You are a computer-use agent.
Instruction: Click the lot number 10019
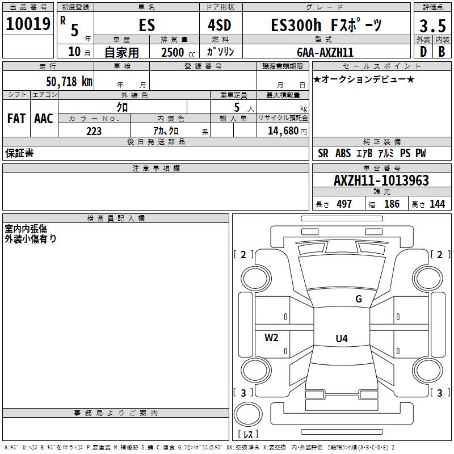coord(28,24)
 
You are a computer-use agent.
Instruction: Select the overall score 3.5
coord(432,26)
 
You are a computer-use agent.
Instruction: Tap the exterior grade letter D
coord(423,52)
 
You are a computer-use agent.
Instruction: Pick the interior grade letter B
coord(442,52)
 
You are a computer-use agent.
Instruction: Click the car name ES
coord(147,25)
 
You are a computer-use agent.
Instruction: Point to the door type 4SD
coord(220,25)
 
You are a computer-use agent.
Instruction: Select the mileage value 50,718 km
coord(69,81)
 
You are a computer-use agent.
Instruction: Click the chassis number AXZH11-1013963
coord(381,180)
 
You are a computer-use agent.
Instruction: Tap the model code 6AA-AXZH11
coord(325,52)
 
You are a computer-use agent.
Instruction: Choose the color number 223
coord(94,131)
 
